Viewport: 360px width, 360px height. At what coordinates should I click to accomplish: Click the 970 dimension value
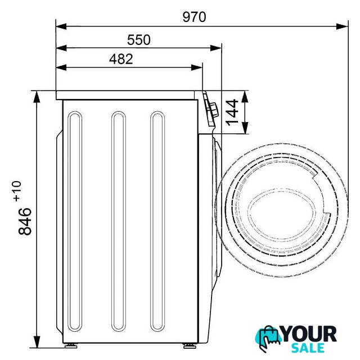194,17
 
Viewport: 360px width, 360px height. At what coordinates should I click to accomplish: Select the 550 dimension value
139,40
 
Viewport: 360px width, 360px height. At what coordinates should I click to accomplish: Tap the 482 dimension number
121,59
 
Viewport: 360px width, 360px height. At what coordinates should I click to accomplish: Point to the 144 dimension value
232,112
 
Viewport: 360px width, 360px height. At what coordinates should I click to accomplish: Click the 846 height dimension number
25,221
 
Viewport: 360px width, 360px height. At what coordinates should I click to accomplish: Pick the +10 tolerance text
17,191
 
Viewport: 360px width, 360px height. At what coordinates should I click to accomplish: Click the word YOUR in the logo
309,334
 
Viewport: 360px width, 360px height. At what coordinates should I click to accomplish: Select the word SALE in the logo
308,348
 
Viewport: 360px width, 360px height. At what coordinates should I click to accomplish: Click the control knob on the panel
214,110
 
